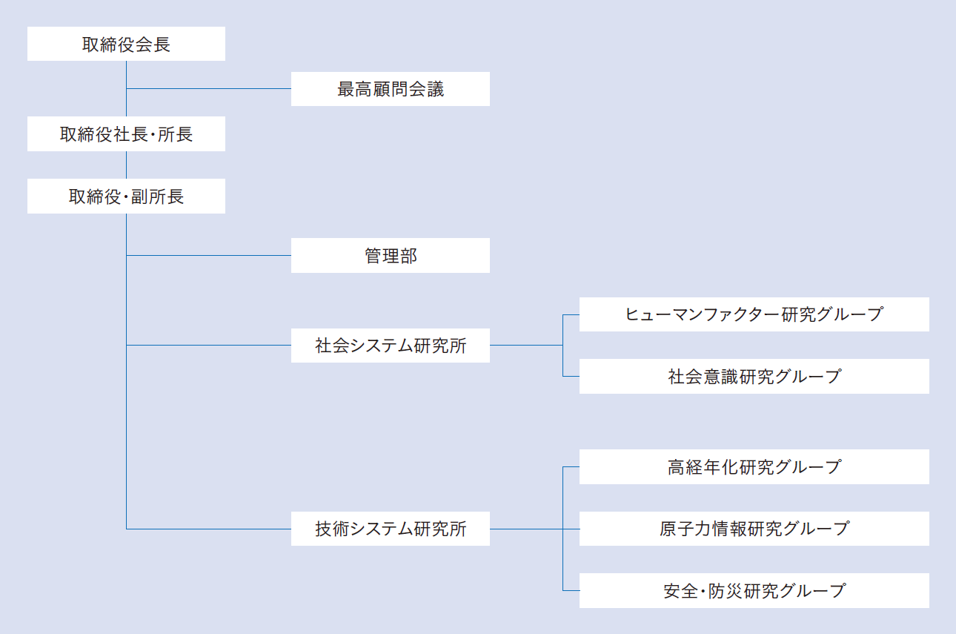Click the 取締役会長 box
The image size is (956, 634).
(126, 44)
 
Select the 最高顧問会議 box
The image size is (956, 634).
(391, 89)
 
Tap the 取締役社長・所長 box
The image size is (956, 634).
(126, 134)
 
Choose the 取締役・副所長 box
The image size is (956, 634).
(126, 196)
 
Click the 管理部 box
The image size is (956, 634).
(391, 255)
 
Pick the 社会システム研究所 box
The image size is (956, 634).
(391, 346)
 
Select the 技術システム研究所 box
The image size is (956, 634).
(391, 529)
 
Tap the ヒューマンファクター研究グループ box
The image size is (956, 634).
(754, 314)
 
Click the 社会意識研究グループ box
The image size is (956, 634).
(754, 376)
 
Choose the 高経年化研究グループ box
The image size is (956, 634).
(754, 466)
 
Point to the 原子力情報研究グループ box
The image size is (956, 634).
(754, 529)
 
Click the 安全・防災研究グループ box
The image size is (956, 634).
(754, 590)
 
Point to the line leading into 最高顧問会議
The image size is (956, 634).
(209, 89)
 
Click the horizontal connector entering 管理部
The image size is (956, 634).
(209, 255)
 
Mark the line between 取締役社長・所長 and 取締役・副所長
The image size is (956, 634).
(126, 165)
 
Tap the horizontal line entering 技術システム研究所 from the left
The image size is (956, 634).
(209, 529)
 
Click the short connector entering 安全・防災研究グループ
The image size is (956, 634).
(571, 590)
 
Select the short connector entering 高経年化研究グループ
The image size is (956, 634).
(571, 466)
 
